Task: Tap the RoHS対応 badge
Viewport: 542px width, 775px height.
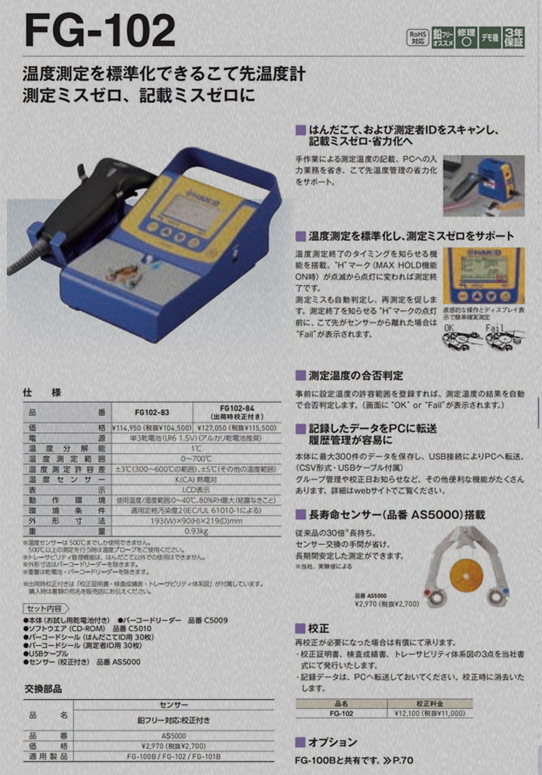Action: coord(419,36)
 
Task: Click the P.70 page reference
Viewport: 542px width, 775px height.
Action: coord(402,761)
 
